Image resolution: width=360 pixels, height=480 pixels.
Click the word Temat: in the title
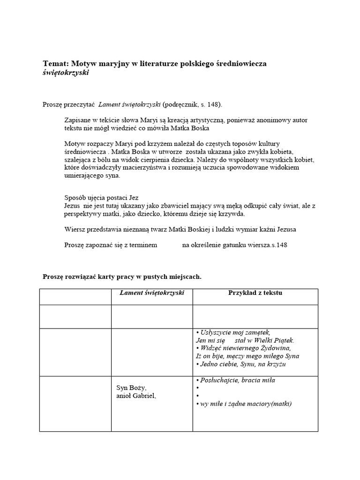tap(56, 63)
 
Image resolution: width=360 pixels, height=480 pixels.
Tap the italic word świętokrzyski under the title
tap(65, 73)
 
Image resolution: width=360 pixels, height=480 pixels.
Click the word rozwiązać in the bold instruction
tap(81, 277)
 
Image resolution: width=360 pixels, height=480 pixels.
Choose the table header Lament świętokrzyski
tap(152, 293)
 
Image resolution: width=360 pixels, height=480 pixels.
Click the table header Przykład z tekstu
tap(255, 293)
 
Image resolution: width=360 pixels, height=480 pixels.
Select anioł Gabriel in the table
tap(136, 396)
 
